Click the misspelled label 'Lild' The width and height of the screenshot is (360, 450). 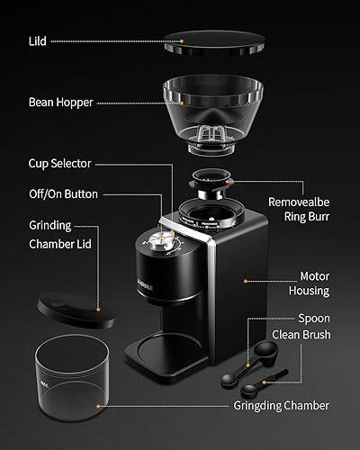tap(38, 40)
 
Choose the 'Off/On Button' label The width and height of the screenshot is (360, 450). tap(63, 193)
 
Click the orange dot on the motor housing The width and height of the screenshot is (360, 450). tap(246, 280)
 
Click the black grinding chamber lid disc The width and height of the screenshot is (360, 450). tap(76, 309)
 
